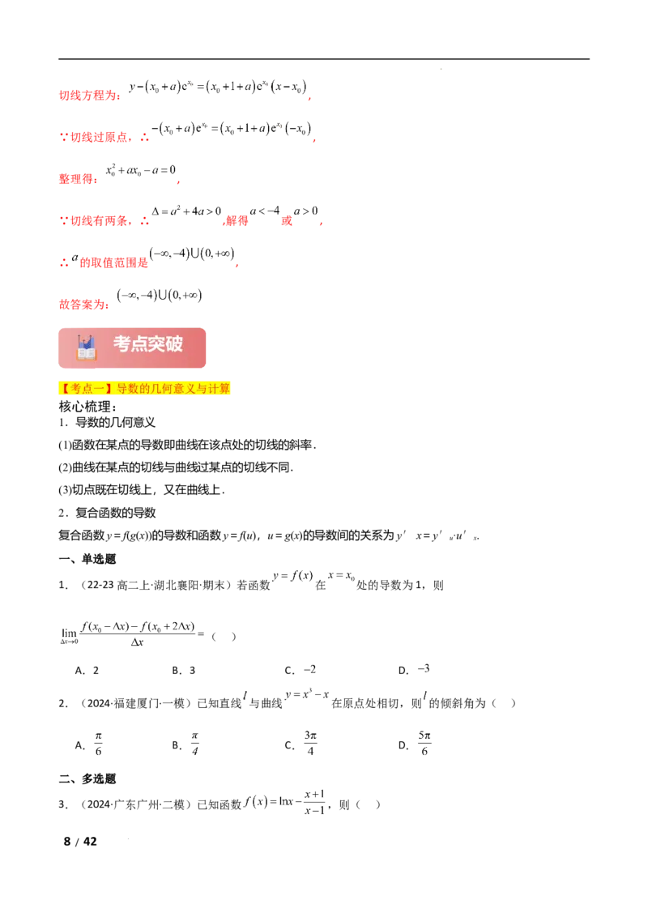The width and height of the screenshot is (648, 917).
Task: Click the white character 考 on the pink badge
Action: (x=122, y=344)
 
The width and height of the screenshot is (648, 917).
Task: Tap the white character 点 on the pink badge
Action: (x=140, y=344)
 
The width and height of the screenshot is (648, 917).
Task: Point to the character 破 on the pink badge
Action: (x=174, y=344)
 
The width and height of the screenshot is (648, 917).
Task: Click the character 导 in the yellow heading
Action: (x=122, y=389)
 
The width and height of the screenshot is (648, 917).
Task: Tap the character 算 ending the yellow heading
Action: (x=226, y=389)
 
